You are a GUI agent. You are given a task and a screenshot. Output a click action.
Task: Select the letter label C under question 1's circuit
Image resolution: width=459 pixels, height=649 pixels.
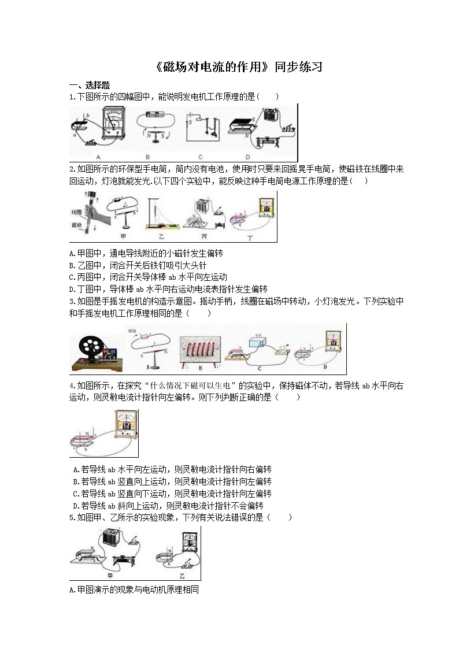[200, 157]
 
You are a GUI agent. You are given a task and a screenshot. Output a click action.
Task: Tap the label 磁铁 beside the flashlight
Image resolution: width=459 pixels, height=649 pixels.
[75, 225]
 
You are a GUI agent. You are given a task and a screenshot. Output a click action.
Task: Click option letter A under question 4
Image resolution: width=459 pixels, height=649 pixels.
[76, 469]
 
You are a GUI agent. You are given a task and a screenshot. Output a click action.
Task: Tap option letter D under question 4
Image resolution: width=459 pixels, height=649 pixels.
[76, 506]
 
